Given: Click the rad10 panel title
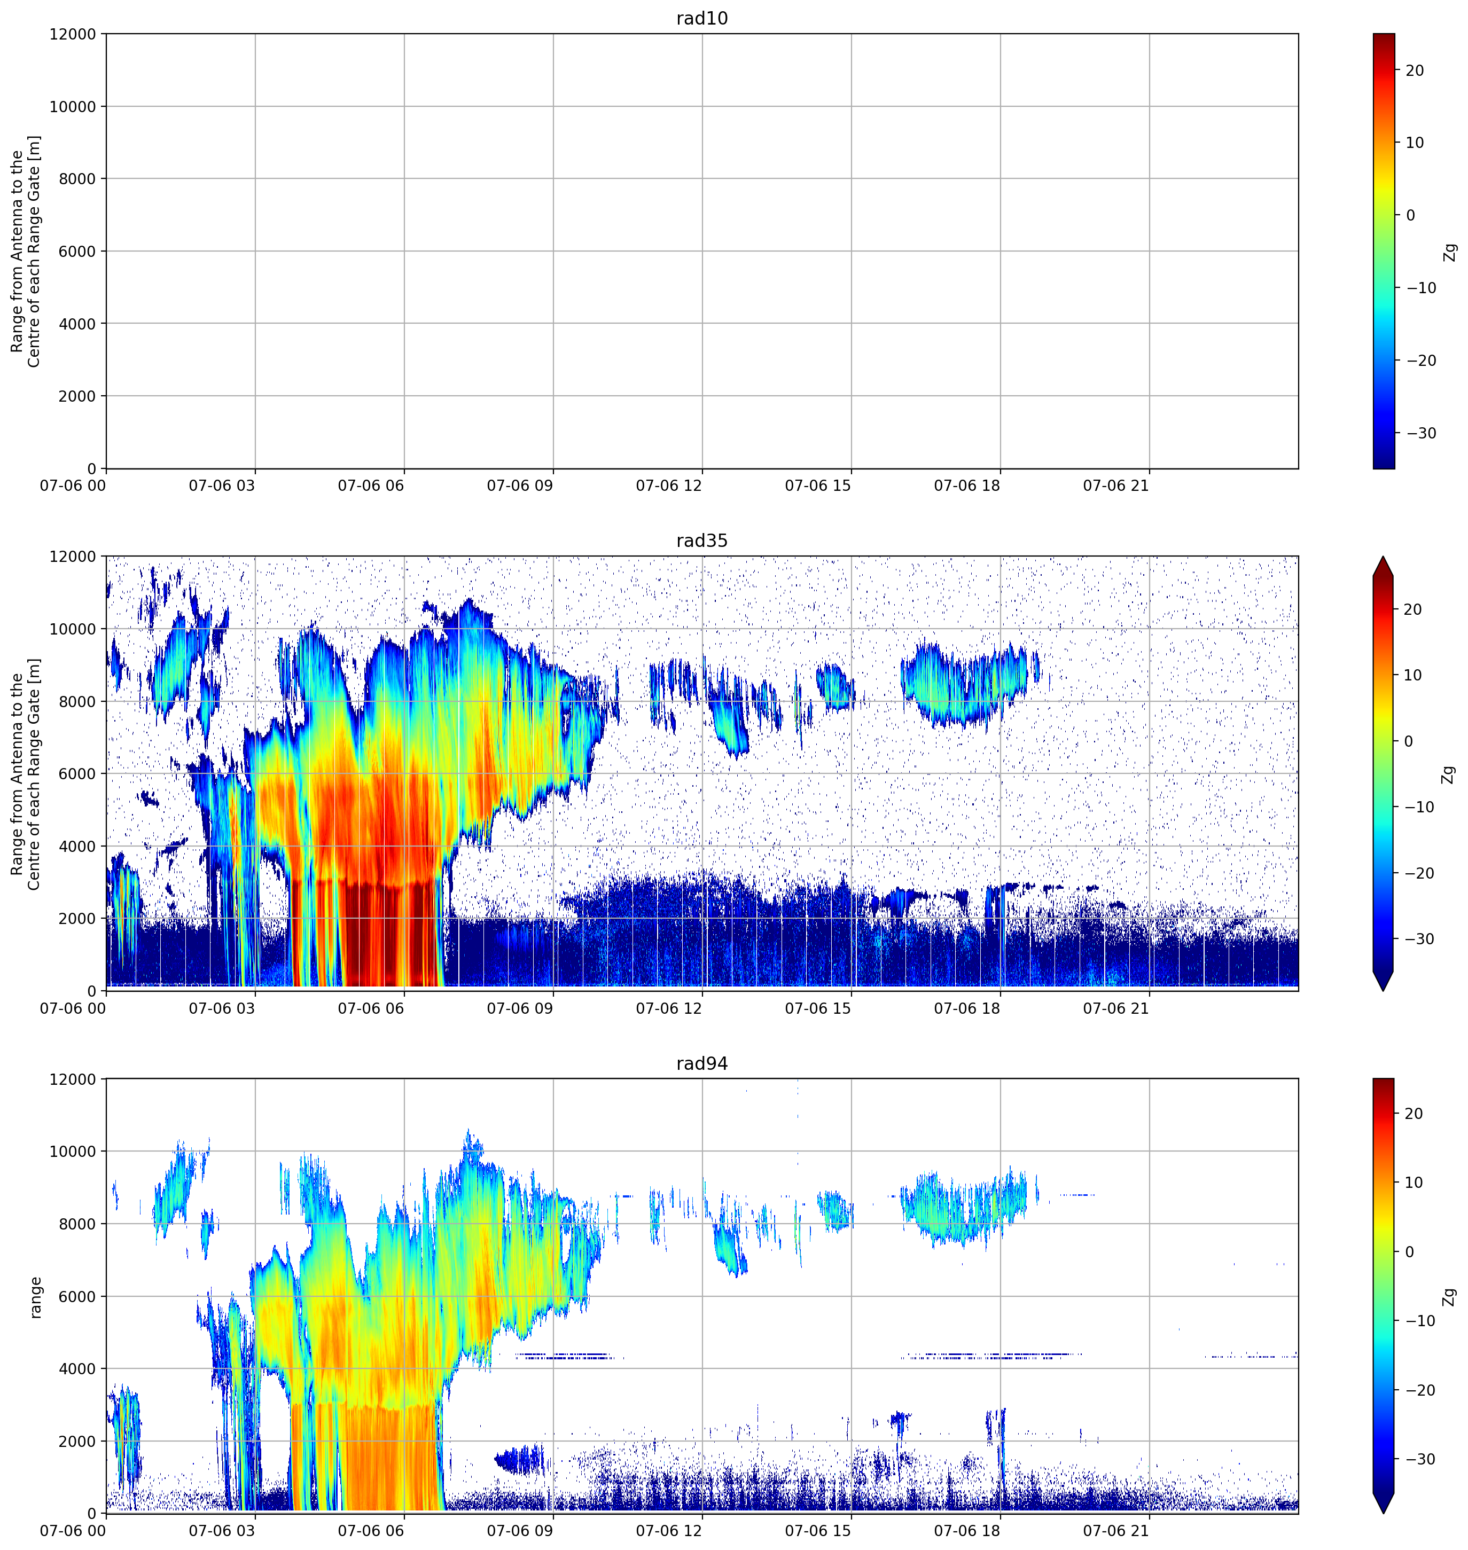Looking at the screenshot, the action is (702, 18).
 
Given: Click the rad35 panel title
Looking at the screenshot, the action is (702, 541).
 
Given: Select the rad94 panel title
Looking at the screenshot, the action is (702, 1063).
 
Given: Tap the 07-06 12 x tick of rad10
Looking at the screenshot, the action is (668, 485).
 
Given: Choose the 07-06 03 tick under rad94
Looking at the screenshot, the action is (222, 1530).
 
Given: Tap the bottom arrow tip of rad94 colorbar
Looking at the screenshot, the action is (1384, 1513).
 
